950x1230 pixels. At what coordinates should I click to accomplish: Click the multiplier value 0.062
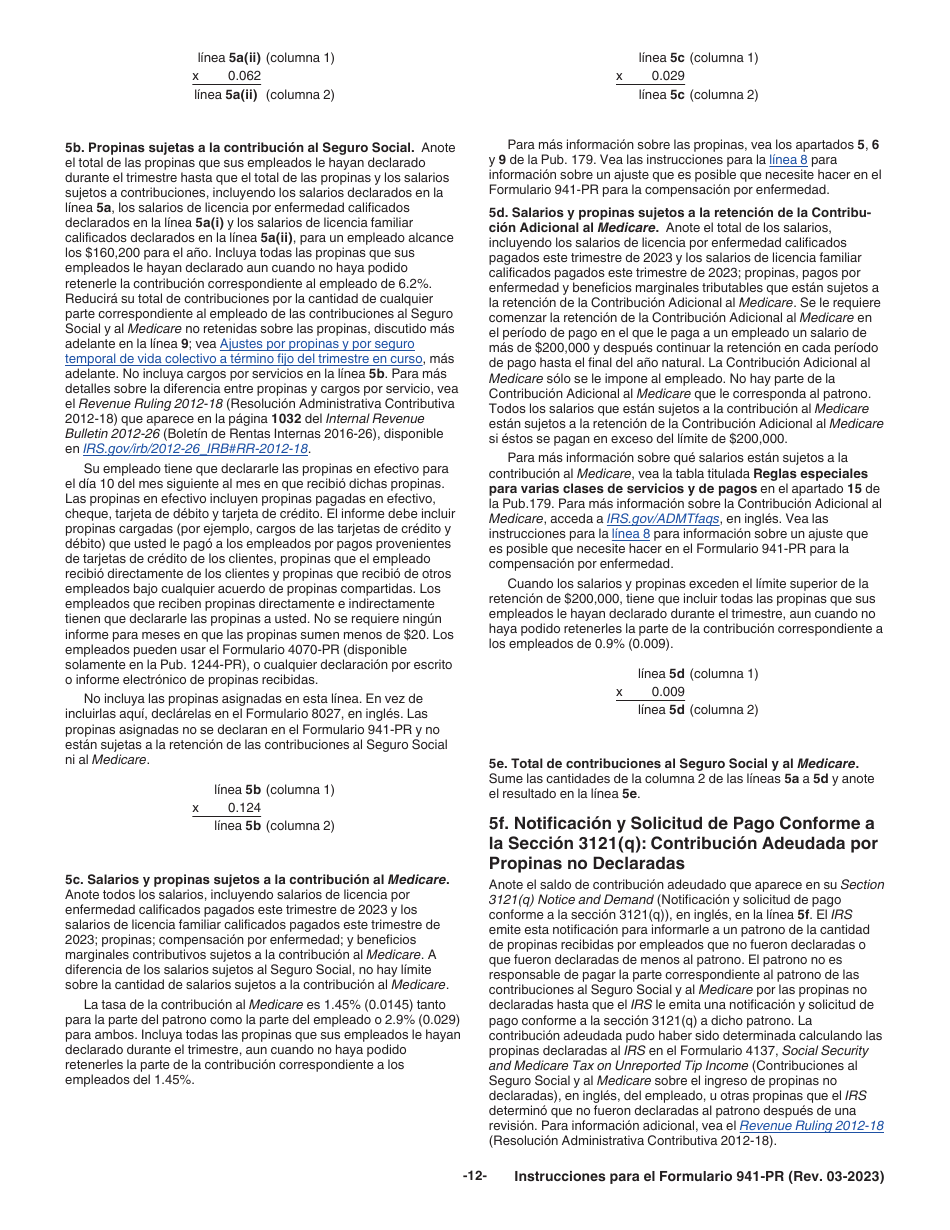[x=244, y=76]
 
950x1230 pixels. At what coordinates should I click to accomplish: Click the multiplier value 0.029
[x=668, y=76]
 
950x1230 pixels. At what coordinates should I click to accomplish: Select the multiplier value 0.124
[x=244, y=808]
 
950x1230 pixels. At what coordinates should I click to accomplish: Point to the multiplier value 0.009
[x=668, y=692]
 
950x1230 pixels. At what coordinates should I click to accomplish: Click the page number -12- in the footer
[x=474, y=1176]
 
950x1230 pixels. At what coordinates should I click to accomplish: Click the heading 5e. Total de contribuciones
[x=673, y=764]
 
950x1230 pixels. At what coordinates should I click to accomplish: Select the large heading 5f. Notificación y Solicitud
[x=681, y=843]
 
